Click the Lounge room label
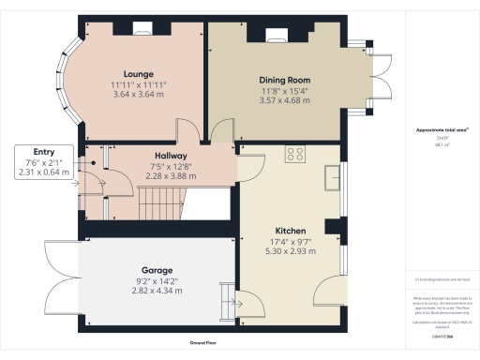click(138, 72)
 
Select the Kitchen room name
click(291, 230)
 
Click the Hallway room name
click(171, 156)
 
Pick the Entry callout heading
click(44, 151)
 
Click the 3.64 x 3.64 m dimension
click(138, 94)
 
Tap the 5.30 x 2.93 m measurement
click(291, 251)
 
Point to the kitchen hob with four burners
click(296, 154)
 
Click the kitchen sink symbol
click(332, 176)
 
